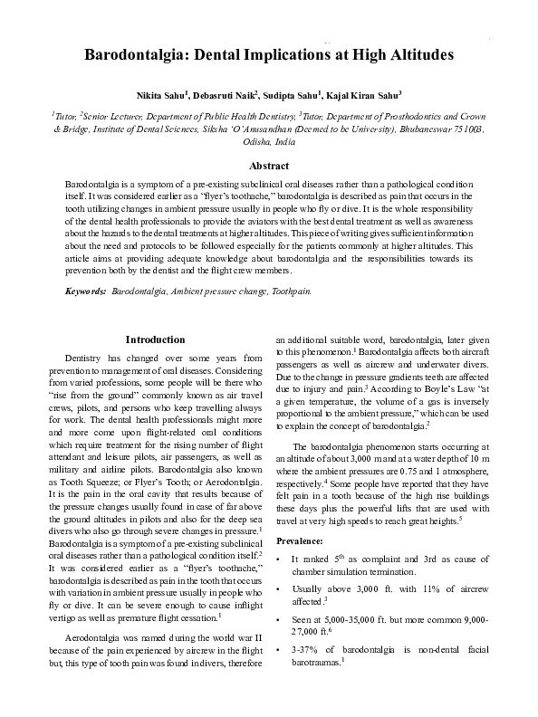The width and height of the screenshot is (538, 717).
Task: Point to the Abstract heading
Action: [x=269, y=166]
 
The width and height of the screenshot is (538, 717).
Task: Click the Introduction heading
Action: [x=154, y=339]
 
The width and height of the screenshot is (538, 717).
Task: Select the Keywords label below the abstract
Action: [x=86, y=292]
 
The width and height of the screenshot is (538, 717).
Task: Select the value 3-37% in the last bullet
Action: [x=305, y=649]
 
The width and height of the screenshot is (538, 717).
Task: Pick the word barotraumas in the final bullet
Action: [x=316, y=662]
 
